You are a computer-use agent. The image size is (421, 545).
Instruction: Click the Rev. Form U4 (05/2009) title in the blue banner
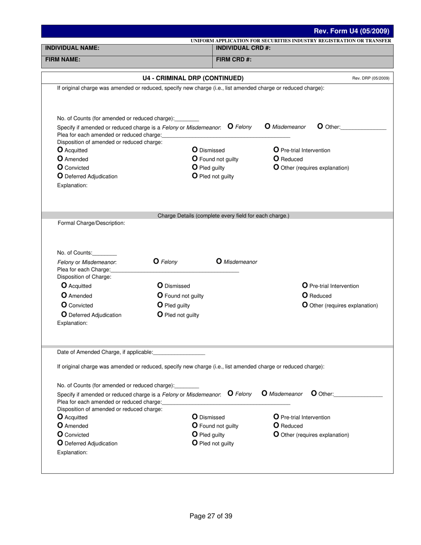coord(351,31)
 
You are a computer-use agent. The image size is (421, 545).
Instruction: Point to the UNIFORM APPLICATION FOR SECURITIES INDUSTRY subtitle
coord(291,41)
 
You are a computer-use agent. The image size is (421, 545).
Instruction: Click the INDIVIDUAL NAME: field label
coord(72,48)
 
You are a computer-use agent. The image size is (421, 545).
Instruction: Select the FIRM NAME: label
coord(62,59)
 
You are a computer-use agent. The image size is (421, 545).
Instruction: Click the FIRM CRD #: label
coord(234,59)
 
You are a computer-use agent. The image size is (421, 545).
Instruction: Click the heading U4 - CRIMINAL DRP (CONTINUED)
coord(193,78)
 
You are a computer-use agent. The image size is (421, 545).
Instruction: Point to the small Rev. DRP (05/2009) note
coord(370,78)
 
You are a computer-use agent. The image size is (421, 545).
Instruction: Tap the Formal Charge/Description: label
coord(91,223)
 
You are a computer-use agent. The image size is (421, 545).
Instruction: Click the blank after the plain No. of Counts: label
coord(105,253)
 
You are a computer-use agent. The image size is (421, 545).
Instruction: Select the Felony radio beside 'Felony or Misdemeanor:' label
coord(156,261)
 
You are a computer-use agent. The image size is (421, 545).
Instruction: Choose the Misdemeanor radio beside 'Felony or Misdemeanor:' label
coord(219,261)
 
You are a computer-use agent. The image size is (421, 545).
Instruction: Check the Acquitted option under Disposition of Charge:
coord(64,286)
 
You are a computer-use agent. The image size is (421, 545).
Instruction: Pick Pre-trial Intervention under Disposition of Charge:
coord(305,286)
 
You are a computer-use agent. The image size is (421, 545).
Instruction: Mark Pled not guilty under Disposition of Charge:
coord(160,315)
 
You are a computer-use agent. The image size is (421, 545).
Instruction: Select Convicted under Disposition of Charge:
coord(64,305)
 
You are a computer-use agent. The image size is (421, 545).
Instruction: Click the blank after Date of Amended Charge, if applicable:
coord(179,353)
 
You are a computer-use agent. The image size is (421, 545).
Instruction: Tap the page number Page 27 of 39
coord(210,516)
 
